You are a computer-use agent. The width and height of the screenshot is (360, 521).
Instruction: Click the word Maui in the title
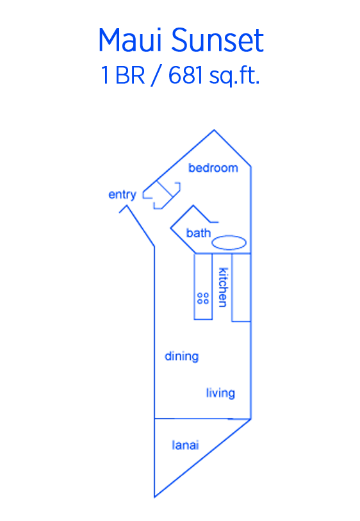pos(131,40)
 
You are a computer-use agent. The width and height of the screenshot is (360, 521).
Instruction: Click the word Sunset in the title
pos(218,40)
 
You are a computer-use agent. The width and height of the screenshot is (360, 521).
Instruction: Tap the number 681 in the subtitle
pos(185,75)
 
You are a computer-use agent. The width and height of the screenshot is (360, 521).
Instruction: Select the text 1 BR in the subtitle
pos(123,75)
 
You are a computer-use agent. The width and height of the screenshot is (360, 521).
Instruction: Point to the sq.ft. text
pos(234,76)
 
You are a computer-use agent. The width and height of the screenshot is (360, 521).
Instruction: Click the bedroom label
pos(213,168)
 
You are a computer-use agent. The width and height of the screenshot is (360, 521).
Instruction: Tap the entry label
pos(122,195)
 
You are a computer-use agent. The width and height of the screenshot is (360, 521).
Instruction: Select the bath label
pos(199,233)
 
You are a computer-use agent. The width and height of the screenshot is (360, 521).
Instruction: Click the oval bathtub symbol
pos(229,243)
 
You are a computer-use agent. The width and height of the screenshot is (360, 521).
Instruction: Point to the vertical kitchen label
pos(223,287)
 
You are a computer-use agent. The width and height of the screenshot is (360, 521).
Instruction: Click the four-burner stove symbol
pos(203,298)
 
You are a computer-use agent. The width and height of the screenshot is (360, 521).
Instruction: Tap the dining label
pos(182,356)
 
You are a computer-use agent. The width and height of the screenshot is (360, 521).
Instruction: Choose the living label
pos(220,393)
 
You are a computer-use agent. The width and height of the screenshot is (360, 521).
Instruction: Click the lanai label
pos(185,445)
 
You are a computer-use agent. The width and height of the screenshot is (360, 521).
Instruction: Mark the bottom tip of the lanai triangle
pos(154,497)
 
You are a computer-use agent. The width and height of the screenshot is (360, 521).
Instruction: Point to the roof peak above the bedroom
pos(214,130)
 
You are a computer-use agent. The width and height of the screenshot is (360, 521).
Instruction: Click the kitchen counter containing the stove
pos(203,286)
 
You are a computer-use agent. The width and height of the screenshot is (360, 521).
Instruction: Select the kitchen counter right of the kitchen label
pos(241,287)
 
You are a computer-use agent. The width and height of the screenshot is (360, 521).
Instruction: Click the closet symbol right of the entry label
pos(161,195)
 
